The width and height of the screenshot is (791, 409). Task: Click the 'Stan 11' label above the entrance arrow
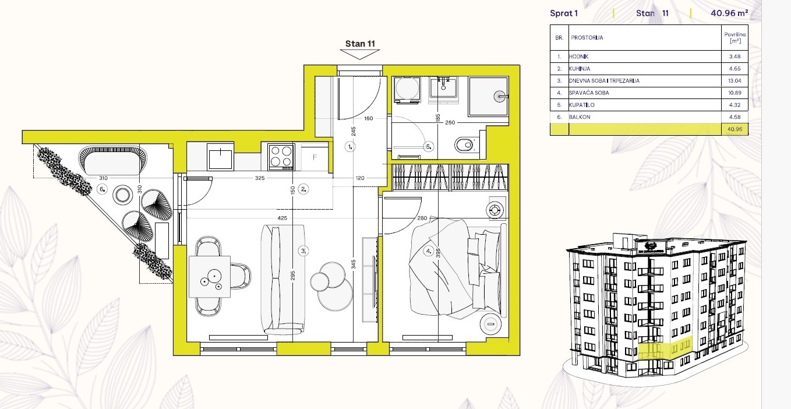[x=360, y=44]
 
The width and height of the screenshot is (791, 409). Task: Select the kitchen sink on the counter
[x=220, y=157]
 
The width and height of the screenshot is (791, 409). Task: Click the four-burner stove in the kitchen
[x=281, y=156]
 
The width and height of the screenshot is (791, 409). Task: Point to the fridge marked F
[x=315, y=157]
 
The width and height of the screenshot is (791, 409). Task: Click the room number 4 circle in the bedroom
[x=428, y=251]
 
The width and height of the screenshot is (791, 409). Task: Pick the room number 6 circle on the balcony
[x=102, y=189]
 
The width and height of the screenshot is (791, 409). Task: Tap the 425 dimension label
[x=282, y=218]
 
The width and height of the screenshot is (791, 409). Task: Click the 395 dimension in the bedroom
[x=438, y=253]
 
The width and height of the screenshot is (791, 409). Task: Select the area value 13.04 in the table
[x=734, y=81]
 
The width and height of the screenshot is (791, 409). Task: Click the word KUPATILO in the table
[x=581, y=105]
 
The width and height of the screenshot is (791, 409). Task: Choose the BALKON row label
[x=580, y=117]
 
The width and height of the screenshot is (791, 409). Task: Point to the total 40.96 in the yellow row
[x=734, y=129]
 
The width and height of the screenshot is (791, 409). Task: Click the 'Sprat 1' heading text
[x=564, y=13]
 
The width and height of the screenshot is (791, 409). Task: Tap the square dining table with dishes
[x=210, y=277]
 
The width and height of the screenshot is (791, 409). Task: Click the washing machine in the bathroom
[x=407, y=90]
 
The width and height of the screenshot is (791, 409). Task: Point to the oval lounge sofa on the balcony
[x=112, y=161]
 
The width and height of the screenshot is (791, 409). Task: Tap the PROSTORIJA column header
[x=587, y=38]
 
